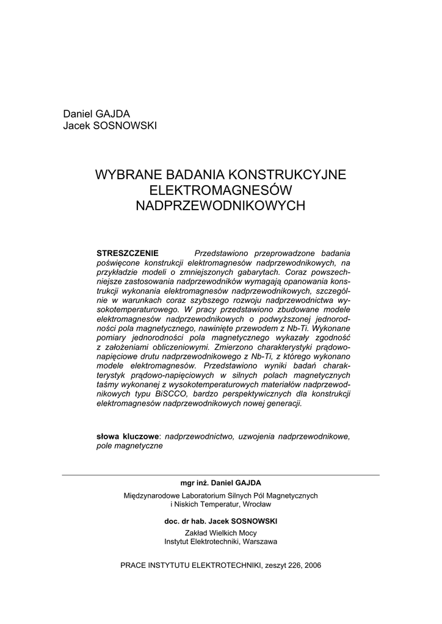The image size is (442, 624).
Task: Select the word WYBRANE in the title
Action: pos(125,175)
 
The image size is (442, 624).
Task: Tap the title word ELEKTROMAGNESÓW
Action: pos(220,190)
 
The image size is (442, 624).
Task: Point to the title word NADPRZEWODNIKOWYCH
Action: pos(220,206)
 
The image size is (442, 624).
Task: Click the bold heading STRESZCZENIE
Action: pos(128,253)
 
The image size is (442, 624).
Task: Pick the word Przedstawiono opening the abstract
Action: pos(222,253)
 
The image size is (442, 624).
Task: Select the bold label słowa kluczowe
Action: pos(128,436)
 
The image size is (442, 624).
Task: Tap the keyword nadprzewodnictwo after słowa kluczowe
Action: pos(198,436)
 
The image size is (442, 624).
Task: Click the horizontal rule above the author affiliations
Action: pos(220,475)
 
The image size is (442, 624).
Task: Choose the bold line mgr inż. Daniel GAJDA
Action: pos(220,483)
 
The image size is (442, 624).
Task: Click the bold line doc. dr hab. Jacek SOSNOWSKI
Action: pos(220,522)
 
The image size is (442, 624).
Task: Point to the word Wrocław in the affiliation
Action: pos(256,505)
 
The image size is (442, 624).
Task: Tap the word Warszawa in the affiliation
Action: pos(259,541)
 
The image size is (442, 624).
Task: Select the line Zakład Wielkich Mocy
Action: pos(220,533)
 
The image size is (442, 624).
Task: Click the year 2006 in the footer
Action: pos(311,565)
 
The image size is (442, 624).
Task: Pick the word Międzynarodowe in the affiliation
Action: pos(151,496)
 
